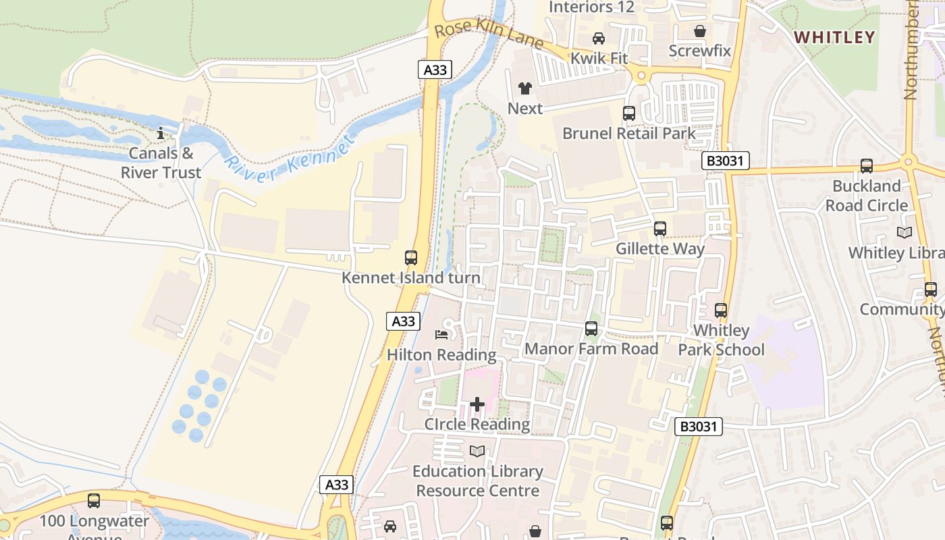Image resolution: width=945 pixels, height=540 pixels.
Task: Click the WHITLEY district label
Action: pyautogui.click(x=834, y=37)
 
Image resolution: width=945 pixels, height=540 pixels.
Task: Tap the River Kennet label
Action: pyautogui.click(x=290, y=161)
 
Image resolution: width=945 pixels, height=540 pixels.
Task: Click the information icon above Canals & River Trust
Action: pyautogui.click(x=161, y=134)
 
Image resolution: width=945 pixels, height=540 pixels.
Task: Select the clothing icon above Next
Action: pyautogui.click(x=524, y=88)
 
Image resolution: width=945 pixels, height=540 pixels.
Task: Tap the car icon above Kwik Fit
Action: pyautogui.click(x=599, y=38)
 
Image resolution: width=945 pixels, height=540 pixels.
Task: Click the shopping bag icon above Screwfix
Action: pyautogui.click(x=700, y=31)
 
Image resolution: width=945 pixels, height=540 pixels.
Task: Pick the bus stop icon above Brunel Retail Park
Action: pyautogui.click(x=629, y=113)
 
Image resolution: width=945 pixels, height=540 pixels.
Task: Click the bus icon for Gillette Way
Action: pyautogui.click(x=660, y=229)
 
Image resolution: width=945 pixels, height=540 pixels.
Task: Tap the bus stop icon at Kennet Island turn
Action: pyautogui.click(x=410, y=257)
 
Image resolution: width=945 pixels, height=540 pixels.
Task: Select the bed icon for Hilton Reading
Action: pyautogui.click(x=441, y=334)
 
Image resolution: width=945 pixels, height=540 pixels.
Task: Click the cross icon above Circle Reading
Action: pyautogui.click(x=477, y=404)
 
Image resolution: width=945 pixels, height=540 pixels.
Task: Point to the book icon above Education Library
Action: pyautogui.click(x=477, y=451)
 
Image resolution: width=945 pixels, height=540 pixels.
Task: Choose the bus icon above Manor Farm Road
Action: pyautogui.click(x=591, y=329)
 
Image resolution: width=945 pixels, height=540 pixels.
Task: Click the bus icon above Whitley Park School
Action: pyautogui.click(x=721, y=310)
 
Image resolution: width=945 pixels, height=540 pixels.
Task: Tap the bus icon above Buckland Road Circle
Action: pyautogui.click(x=867, y=166)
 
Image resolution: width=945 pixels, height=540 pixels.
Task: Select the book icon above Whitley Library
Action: pyautogui.click(x=904, y=232)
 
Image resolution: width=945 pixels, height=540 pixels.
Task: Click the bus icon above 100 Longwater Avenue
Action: pyautogui.click(x=94, y=501)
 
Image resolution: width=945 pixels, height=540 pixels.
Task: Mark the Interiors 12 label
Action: pyautogui.click(x=592, y=7)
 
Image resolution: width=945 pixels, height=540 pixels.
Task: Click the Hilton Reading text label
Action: pyautogui.click(x=441, y=355)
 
